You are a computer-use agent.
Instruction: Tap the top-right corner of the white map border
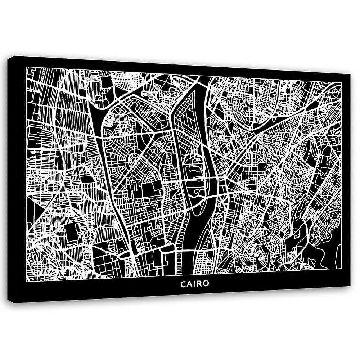(342, 82)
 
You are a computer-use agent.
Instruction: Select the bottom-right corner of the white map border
(341, 277)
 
